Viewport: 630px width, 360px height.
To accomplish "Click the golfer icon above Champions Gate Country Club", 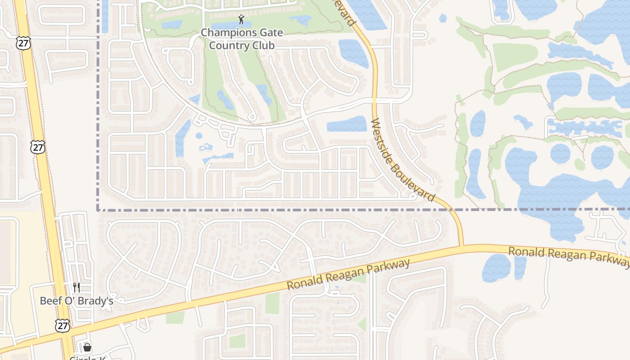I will click(242, 19).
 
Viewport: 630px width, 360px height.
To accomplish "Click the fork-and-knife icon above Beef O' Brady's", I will click(76, 288).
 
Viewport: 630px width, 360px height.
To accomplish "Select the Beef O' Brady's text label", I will click(76, 301).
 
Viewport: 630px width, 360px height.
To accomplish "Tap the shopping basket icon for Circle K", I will click(87, 347).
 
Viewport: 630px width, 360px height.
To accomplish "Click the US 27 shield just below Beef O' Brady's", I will click(63, 326).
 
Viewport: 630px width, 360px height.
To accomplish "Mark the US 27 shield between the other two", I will click(38, 147).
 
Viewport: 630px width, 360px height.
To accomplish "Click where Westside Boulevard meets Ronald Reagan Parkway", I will click(461, 247).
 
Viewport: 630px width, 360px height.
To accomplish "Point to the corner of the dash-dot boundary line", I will click(98, 210).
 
